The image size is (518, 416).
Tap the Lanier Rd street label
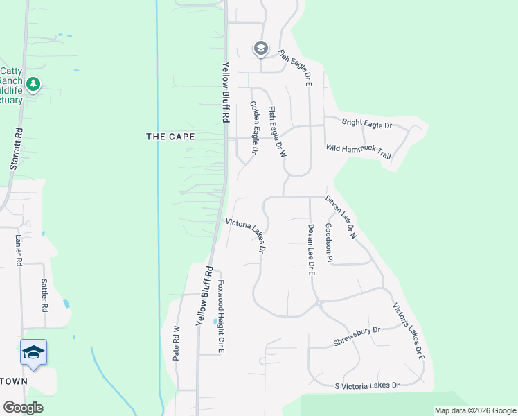(19, 250)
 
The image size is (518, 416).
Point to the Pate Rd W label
(177, 343)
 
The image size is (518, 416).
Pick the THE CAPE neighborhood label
(170, 137)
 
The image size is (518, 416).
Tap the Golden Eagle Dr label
(254, 127)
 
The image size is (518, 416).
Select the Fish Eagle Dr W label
(277, 132)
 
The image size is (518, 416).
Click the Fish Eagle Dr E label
(296, 67)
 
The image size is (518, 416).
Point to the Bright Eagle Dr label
(368, 125)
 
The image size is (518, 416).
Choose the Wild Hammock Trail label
(359, 151)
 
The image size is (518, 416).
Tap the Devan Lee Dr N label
(341, 217)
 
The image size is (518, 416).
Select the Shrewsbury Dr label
(357, 336)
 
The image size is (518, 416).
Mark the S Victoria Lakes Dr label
(367, 385)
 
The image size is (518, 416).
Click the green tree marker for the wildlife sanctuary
(33, 84)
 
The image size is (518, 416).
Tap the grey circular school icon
(260, 48)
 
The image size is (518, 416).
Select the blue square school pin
(34, 353)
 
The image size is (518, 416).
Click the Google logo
(23, 408)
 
